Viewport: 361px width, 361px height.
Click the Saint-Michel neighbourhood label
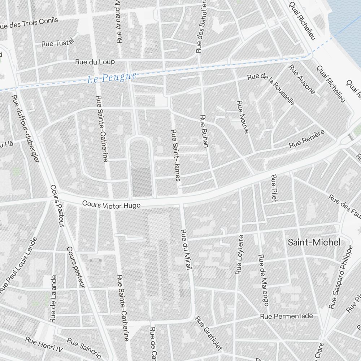click(314, 242)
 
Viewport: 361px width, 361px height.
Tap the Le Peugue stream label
click(112, 78)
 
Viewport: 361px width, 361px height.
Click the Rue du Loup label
click(95, 62)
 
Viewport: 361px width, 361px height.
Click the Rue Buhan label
click(204, 132)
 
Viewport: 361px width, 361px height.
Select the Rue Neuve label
click(242, 117)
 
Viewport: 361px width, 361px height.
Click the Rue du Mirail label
click(187, 250)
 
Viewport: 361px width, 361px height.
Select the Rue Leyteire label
click(239, 255)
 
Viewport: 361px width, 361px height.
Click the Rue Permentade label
click(287, 316)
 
